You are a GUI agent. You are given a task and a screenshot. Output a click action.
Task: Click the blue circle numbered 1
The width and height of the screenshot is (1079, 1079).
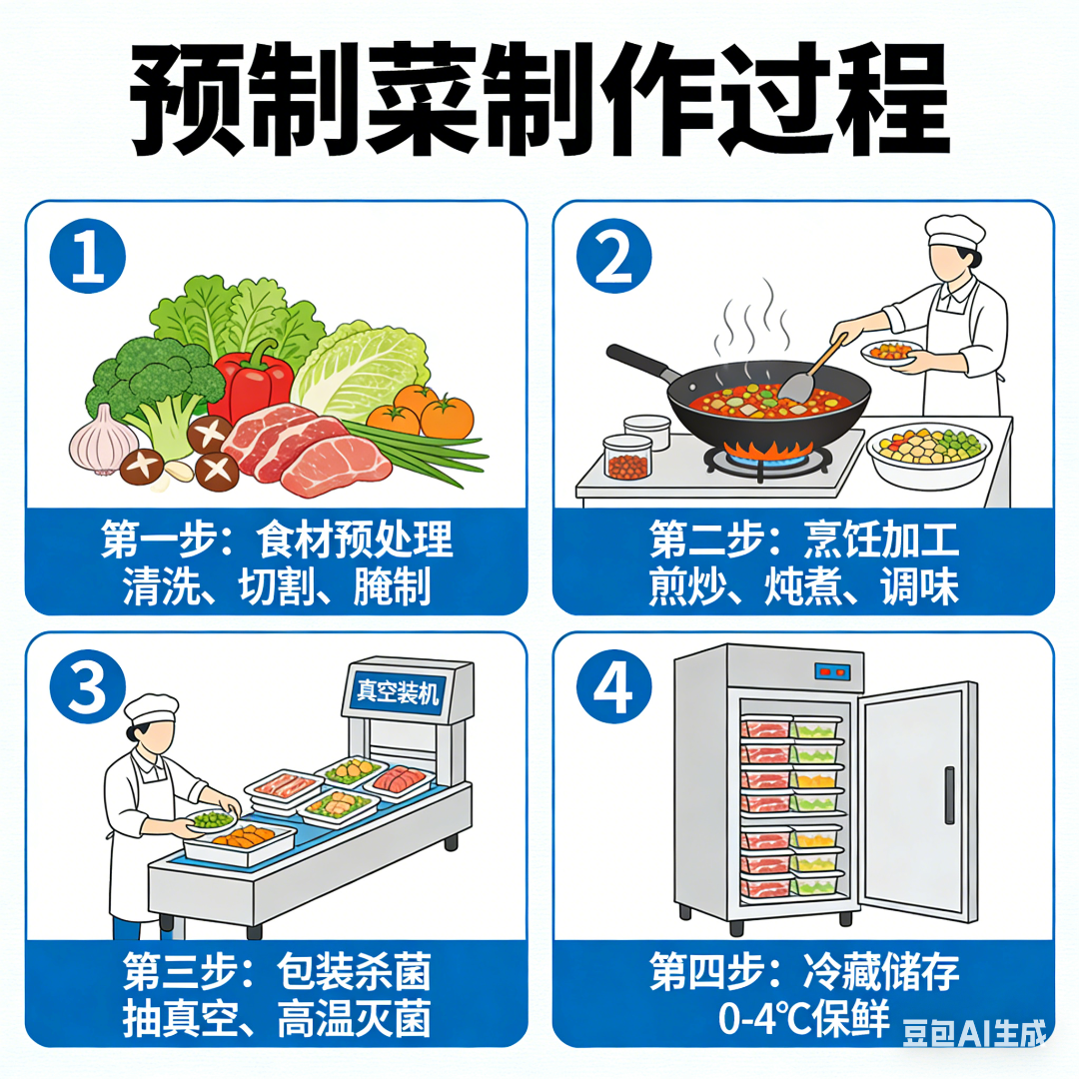87,256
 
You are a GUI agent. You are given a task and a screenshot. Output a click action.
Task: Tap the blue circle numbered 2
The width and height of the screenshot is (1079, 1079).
613,256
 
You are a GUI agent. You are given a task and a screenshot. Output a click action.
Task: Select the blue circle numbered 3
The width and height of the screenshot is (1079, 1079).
87,686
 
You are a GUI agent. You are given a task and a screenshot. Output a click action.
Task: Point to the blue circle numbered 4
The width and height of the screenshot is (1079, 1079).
613,686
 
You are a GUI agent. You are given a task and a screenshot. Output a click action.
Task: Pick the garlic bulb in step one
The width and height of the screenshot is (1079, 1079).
102,442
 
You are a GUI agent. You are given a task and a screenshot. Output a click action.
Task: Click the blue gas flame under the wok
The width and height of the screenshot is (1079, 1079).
768,451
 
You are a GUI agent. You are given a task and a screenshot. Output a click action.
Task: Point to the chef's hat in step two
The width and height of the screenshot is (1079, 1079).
954,230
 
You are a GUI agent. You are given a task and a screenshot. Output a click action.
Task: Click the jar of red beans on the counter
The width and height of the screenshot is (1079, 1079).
626,457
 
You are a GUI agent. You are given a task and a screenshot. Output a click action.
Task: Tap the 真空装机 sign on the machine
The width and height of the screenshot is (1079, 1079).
398,691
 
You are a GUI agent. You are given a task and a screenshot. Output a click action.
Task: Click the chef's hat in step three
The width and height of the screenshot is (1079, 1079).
151,709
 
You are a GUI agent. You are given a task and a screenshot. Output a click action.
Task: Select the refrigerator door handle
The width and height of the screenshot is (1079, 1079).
950,795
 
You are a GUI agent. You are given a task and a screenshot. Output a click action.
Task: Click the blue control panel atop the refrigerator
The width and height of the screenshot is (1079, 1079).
832,671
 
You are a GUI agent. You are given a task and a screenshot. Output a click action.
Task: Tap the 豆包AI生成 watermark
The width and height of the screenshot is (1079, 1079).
974,1033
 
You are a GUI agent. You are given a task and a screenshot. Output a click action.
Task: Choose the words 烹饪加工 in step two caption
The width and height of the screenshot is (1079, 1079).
881,539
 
